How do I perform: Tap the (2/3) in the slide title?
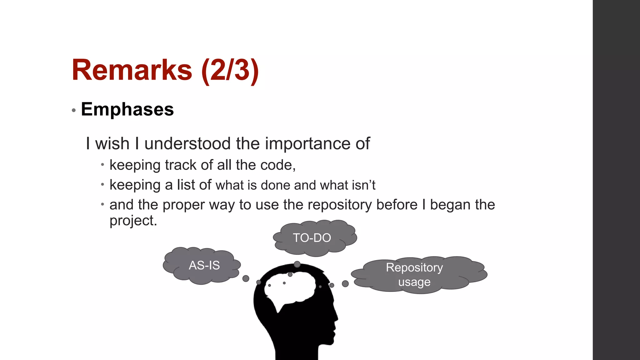click(x=230, y=71)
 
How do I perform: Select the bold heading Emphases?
click(x=127, y=109)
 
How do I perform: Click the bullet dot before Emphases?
click(x=74, y=110)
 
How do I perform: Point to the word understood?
click(x=187, y=144)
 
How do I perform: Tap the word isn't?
click(x=363, y=185)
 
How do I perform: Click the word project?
click(x=132, y=221)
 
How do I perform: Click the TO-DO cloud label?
click(x=312, y=238)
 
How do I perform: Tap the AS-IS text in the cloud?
click(x=204, y=265)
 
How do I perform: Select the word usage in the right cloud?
click(x=414, y=282)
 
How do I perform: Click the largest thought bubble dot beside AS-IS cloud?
click(x=246, y=278)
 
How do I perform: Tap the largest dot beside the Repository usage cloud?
click(x=345, y=283)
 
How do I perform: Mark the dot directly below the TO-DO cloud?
click(x=297, y=264)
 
